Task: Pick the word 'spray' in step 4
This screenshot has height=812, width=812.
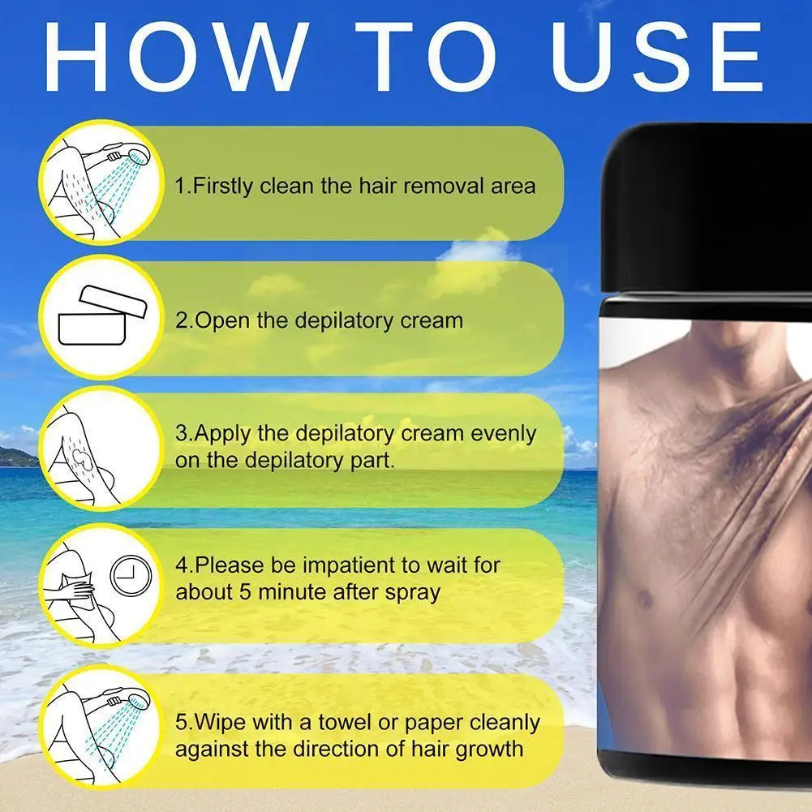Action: point(414,592)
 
